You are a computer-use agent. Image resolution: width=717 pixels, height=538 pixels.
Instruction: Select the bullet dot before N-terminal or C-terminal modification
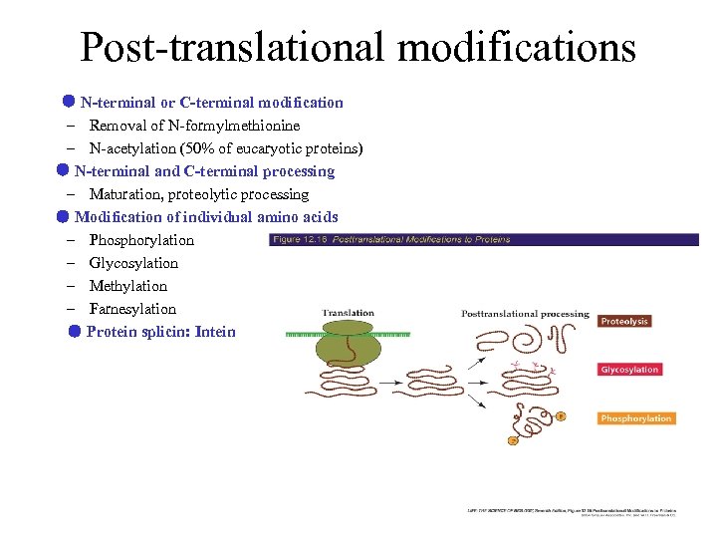pyautogui.click(x=68, y=102)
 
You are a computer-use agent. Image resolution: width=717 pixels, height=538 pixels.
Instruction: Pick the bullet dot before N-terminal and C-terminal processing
pyautogui.click(x=62, y=170)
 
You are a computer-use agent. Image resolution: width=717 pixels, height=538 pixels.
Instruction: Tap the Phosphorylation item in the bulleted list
pyautogui.click(x=141, y=240)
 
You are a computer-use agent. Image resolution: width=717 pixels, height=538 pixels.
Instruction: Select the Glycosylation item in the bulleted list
pyautogui.click(x=133, y=263)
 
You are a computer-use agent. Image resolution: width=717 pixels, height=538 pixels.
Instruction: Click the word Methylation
pyautogui.click(x=128, y=286)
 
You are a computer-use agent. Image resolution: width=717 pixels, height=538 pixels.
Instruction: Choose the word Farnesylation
pyautogui.click(x=132, y=309)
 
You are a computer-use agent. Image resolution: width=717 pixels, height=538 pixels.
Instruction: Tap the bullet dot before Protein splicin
pyautogui.click(x=75, y=331)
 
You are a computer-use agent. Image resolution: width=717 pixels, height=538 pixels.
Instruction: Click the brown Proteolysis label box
pyautogui.click(x=624, y=321)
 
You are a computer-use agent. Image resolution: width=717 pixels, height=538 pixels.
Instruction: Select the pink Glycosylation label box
pyautogui.click(x=629, y=370)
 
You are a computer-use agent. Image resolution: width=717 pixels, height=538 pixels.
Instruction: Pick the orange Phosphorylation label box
pyautogui.click(x=635, y=418)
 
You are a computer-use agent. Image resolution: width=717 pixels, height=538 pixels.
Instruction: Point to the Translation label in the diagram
pyautogui.click(x=349, y=313)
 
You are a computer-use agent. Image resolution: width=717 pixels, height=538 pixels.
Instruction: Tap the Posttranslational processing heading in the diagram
pyautogui.click(x=525, y=314)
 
